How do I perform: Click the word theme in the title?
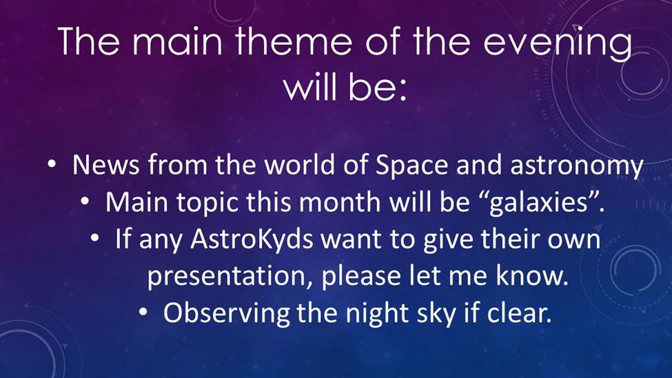click(294, 41)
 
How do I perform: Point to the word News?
click(106, 164)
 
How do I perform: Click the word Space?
click(412, 165)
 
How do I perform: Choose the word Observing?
click(226, 314)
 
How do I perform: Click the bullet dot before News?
click(52, 164)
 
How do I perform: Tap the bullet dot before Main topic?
click(85, 201)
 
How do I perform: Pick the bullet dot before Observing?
click(143, 312)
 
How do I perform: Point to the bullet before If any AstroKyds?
click(94, 238)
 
